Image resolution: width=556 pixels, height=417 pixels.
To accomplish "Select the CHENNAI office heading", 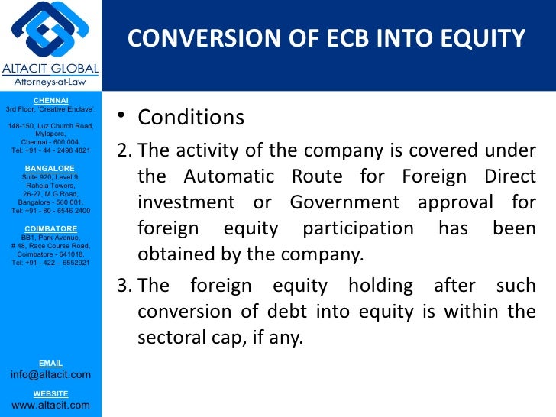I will [x=50, y=100].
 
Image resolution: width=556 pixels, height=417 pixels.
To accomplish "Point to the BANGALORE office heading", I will [x=50, y=167].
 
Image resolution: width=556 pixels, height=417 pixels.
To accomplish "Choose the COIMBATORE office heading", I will [x=50, y=228].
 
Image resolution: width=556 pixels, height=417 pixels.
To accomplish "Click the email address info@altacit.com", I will [x=50, y=374].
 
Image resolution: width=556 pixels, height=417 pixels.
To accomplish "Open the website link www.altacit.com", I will [x=50, y=405].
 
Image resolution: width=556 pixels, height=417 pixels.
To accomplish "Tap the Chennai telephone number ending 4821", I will [x=50, y=150].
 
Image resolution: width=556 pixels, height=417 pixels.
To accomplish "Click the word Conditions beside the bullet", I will [x=190, y=118].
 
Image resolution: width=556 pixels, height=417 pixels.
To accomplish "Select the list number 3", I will [x=122, y=286].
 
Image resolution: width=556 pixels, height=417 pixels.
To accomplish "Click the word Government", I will [x=344, y=203].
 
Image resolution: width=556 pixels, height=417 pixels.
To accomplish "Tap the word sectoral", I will [x=173, y=337].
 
